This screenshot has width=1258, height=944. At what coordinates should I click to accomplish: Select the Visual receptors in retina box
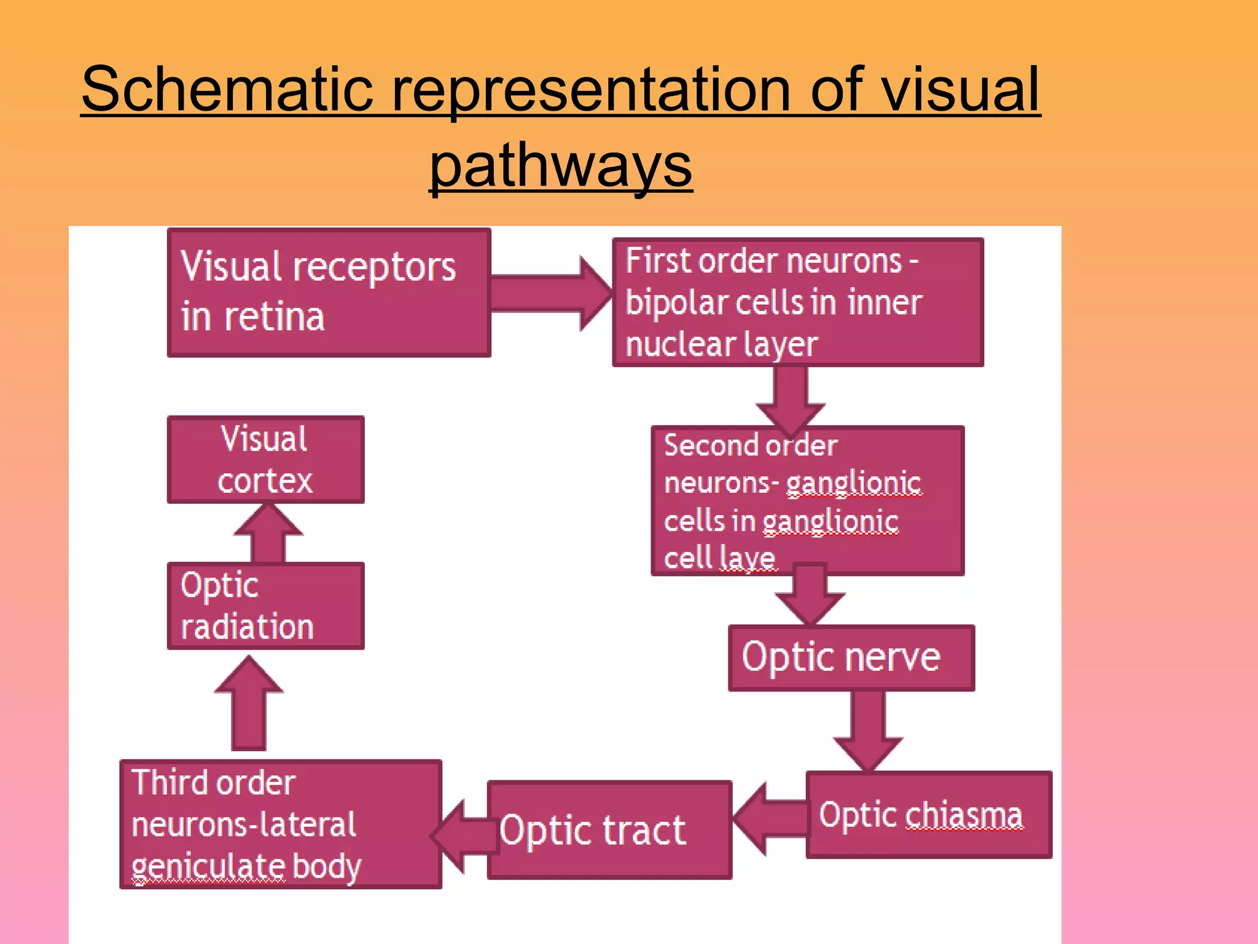(x=329, y=293)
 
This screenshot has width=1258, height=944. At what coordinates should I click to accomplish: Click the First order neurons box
(x=797, y=302)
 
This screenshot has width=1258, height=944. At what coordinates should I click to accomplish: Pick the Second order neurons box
(x=807, y=501)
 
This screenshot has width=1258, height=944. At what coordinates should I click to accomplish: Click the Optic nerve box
(x=851, y=658)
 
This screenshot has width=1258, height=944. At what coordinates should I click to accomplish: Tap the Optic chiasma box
(x=928, y=815)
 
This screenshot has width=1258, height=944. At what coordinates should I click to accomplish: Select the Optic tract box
(x=609, y=830)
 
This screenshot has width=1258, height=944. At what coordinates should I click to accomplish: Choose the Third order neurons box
(x=281, y=824)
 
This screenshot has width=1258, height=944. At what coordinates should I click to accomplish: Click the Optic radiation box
(x=265, y=606)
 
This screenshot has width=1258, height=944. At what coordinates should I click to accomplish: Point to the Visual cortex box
(x=265, y=460)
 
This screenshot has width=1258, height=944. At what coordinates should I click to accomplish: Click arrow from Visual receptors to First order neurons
(x=550, y=294)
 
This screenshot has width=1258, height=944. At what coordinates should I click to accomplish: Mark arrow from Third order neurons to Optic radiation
(x=249, y=704)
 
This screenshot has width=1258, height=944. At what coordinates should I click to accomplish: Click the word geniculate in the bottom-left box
(x=208, y=867)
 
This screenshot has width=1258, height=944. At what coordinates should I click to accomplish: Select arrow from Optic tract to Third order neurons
(x=464, y=836)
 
